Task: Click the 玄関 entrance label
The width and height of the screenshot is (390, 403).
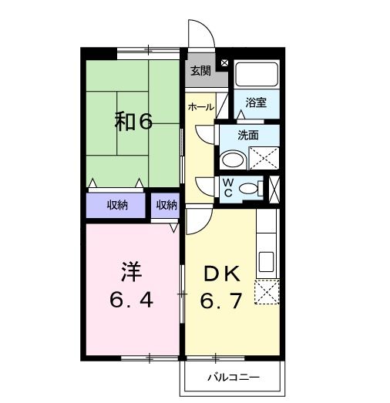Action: pos(200,71)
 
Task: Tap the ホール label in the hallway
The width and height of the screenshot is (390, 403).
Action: pos(200,107)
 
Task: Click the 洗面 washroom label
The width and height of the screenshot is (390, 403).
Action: pos(247,135)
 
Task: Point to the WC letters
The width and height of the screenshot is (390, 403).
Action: pos(228,187)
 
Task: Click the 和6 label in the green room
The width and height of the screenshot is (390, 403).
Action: pos(134,121)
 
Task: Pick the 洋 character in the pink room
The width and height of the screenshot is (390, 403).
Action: pos(131,272)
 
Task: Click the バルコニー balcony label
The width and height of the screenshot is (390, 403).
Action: pos(234,378)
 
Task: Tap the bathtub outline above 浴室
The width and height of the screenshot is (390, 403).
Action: pos(257,74)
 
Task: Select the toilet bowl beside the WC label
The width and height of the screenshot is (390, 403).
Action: pos(247,187)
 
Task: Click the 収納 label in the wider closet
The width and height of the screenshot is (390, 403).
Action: pos(117,205)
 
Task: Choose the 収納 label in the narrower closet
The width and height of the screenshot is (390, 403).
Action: pos(166,205)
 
